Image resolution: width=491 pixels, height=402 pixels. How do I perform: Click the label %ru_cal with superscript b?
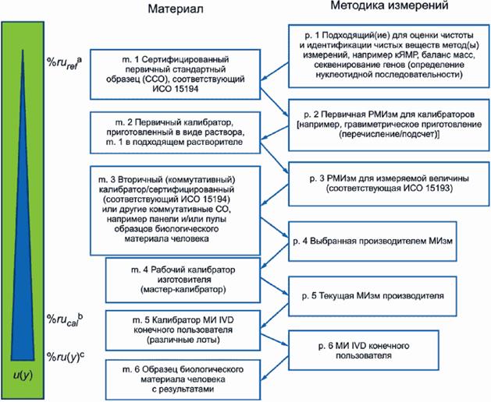pyautogui.click(x=64, y=319)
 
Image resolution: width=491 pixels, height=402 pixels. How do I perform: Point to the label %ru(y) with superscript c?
pyautogui.click(x=66, y=358)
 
